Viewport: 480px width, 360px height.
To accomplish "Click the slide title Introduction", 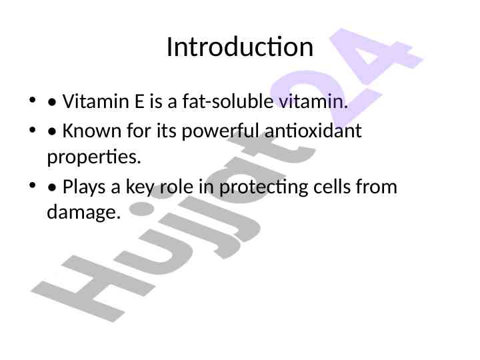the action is tap(240, 47).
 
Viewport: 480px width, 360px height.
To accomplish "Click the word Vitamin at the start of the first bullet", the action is tap(95, 101).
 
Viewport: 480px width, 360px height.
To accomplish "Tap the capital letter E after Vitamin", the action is tap(139, 101).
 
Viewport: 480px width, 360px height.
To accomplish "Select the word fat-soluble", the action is tap(228, 101).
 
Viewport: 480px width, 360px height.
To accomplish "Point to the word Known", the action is tap(92, 131).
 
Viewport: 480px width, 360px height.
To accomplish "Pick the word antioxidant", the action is tap(313, 131).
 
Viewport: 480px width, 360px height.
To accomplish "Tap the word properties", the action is tap(94, 157).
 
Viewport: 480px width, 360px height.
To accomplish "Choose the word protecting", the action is tap(263, 187).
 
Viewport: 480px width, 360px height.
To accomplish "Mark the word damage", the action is tap(83, 212).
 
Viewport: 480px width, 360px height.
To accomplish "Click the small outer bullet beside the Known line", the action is tap(32, 130).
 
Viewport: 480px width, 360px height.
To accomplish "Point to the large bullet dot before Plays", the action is tap(52, 187).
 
